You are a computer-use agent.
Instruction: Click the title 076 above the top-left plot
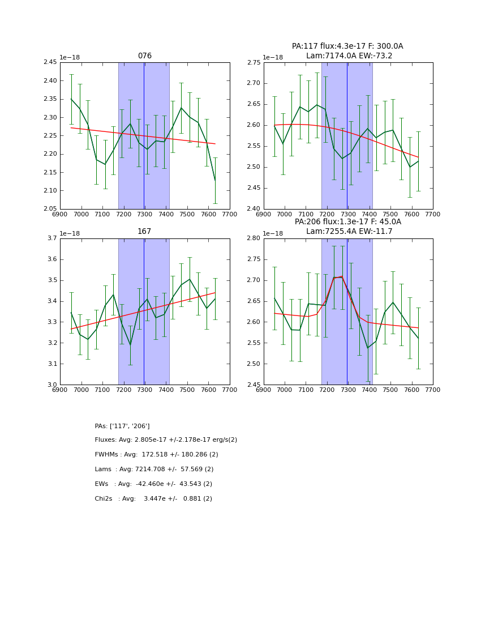[x=145, y=56]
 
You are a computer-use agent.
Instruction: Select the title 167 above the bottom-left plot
[x=144, y=232]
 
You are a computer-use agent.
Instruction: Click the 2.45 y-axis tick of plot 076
[x=50, y=62]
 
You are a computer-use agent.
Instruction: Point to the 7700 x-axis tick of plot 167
[x=230, y=390]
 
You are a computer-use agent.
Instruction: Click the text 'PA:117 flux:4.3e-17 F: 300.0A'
[x=347, y=46]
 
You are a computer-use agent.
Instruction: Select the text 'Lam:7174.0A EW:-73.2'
[x=349, y=56]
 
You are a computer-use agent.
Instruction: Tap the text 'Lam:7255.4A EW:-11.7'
[x=349, y=232]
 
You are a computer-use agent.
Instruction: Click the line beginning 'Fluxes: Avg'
[x=166, y=440]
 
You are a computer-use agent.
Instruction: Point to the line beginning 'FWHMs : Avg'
[x=157, y=455]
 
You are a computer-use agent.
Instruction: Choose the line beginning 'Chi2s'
[x=153, y=499]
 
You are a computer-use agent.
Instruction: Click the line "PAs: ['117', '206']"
[x=122, y=426]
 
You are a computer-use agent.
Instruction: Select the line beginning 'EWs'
[x=153, y=484]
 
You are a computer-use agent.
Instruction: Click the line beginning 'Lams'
[x=154, y=470]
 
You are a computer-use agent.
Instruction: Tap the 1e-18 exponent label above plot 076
[x=70, y=57]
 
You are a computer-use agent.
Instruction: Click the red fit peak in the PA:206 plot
[x=341, y=277]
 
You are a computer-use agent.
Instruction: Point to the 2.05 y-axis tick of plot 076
[x=50, y=209]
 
